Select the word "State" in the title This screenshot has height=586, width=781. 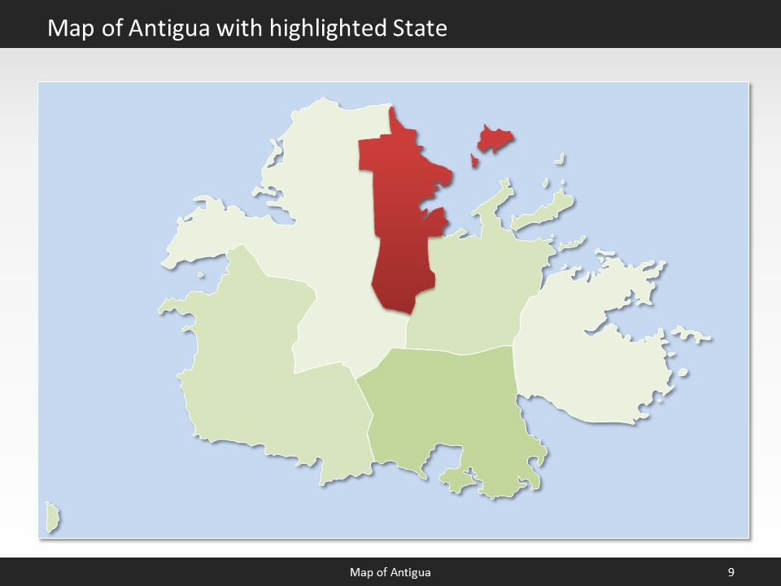click(420, 28)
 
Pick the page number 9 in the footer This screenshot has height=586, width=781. click(731, 572)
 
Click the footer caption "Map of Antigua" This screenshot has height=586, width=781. click(390, 572)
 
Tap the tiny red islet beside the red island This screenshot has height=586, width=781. click(474, 160)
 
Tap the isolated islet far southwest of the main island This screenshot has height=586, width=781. click(52, 518)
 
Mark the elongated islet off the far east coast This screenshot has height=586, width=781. click(691, 335)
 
